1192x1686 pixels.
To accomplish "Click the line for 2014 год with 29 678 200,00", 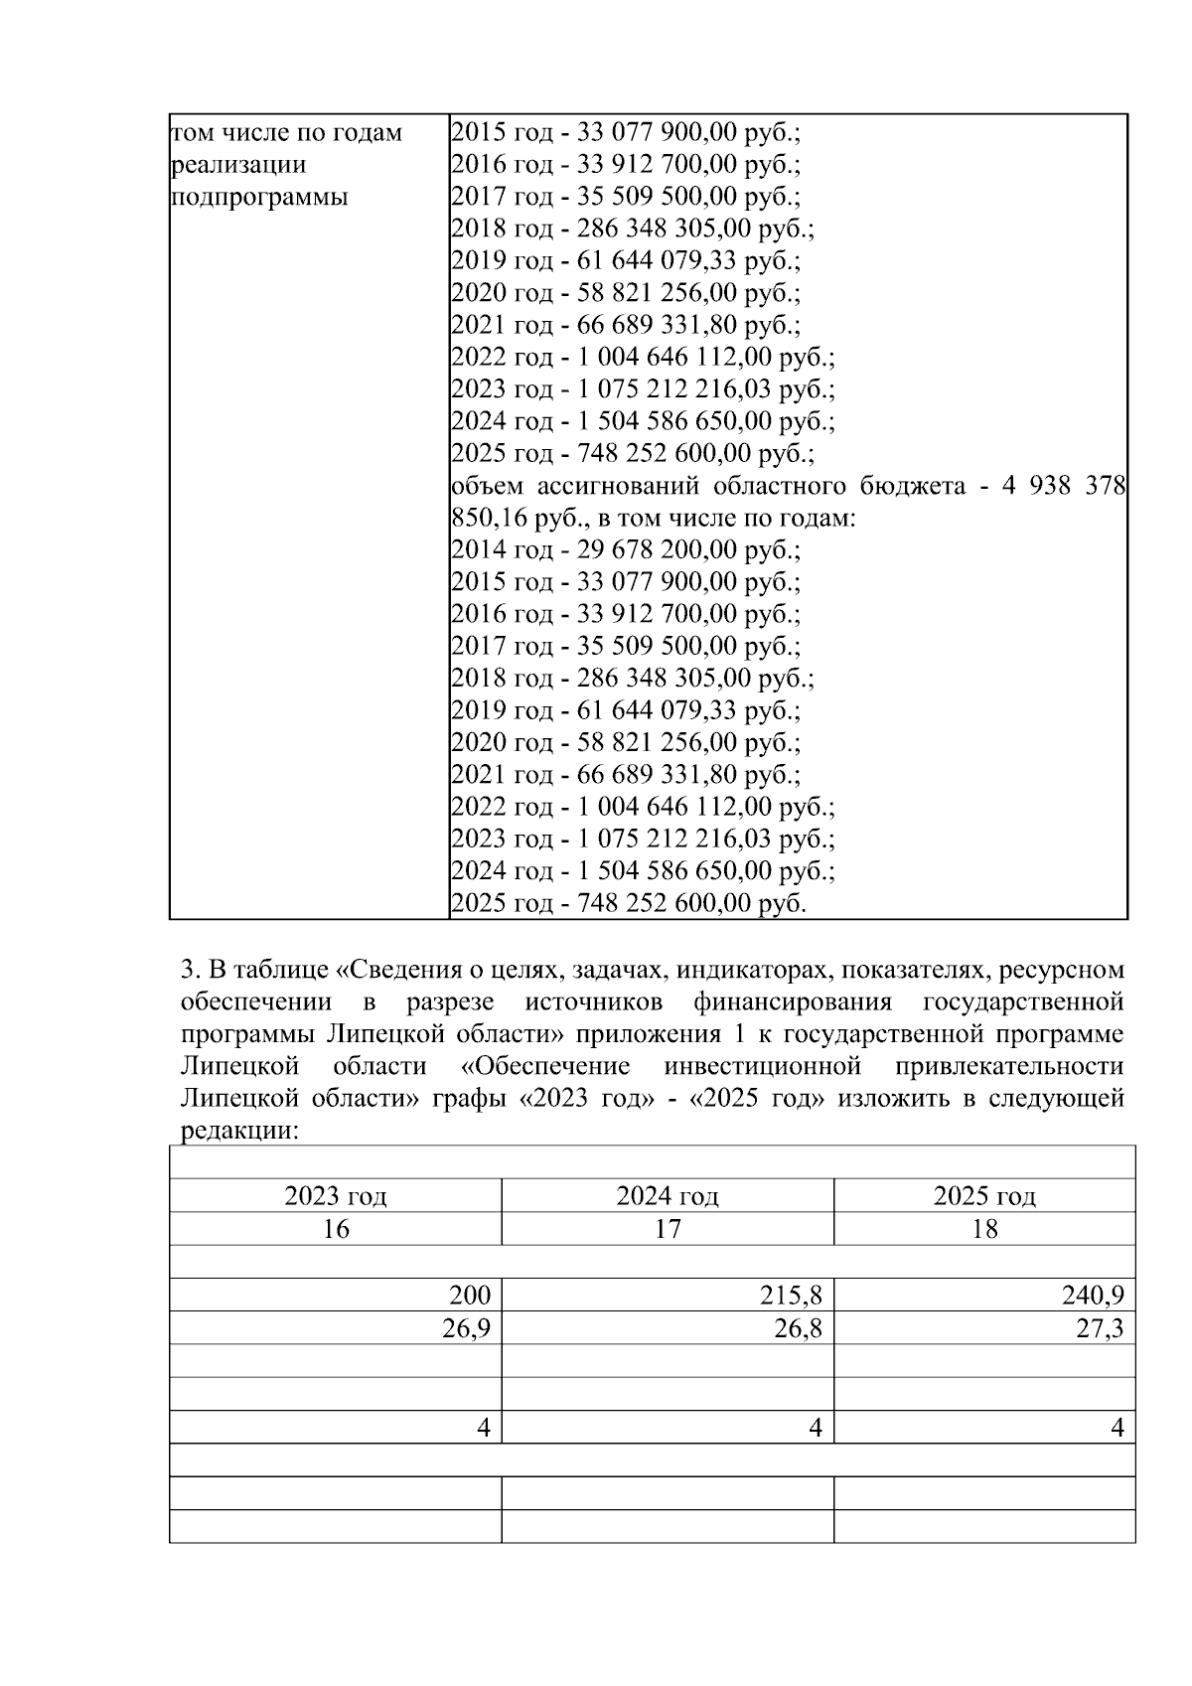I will (625, 549).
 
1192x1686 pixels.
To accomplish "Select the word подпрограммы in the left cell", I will (260, 197).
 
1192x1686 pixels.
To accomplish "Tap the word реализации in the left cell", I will (238, 165).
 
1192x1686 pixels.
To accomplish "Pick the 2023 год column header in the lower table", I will (335, 1196).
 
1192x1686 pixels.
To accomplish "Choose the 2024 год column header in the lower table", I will (668, 1196).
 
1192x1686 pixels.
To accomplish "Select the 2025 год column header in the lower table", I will (983, 1196).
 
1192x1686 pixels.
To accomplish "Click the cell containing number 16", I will (335, 1229).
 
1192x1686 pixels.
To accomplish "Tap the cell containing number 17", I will (668, 1229).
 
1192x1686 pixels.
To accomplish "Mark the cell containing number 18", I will (983, 1229).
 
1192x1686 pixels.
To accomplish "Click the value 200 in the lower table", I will (469, 1296).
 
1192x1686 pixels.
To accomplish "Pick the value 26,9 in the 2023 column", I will (466, 1329).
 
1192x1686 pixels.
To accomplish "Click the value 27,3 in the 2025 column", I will (1100, 1329).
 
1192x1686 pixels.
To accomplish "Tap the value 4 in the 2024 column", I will (816, 1429).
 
